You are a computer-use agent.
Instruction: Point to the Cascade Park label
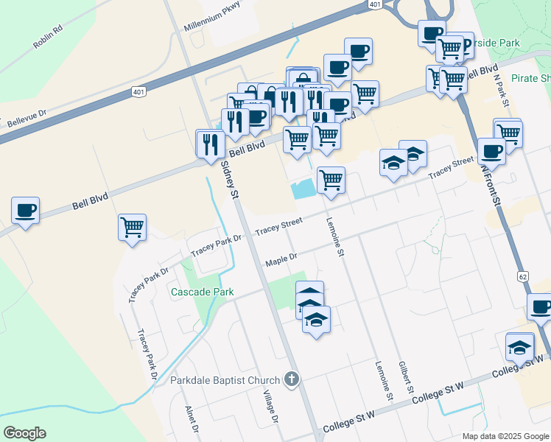202,292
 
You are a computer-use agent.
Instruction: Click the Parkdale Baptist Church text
225,380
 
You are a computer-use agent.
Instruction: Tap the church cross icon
292,380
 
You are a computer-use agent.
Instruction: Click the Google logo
24,433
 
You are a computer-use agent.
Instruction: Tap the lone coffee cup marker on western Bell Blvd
26,211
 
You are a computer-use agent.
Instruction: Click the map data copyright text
505,436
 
